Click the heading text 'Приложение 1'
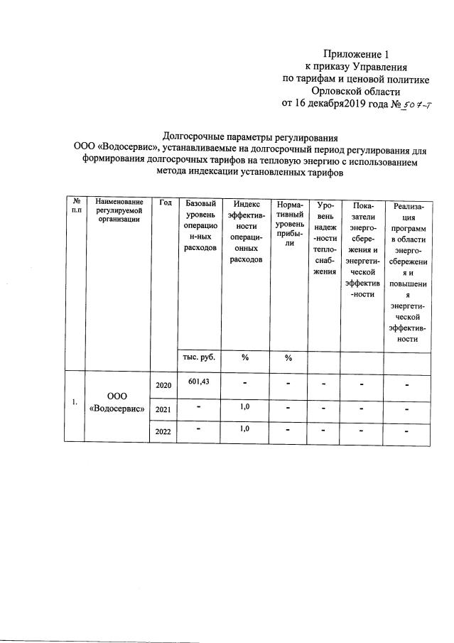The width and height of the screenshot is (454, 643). pos(357,54)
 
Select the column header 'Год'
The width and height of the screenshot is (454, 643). pos(166,203)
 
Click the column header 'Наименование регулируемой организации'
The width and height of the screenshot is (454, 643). pos(115,211)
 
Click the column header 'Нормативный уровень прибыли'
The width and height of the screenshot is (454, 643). pos(289,223)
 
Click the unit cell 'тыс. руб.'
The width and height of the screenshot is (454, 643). pos(199,357)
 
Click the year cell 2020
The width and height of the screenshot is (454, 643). pos(164,385)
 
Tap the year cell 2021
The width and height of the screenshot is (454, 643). pos(164,410)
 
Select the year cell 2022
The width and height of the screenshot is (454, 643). pos(164,433)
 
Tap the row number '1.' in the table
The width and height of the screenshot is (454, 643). pos(75,403)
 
